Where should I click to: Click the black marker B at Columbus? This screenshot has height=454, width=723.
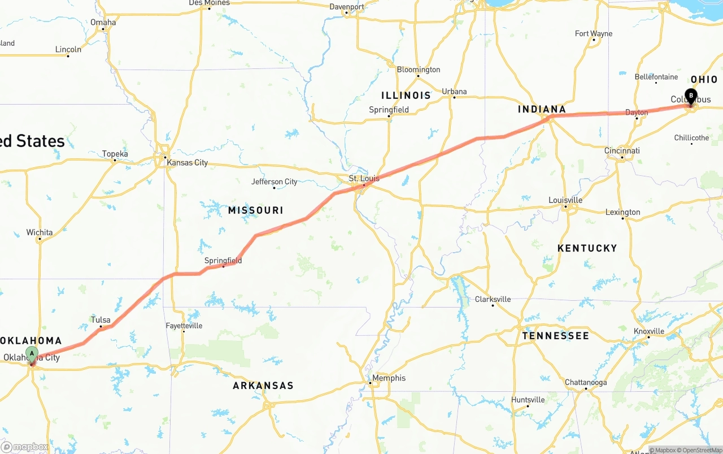691,96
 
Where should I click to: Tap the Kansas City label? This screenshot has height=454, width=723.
187,163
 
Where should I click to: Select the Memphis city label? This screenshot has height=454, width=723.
389,378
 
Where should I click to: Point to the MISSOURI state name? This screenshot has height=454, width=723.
255,210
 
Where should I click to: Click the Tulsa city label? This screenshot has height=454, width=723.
101,320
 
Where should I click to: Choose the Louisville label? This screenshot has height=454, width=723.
565,200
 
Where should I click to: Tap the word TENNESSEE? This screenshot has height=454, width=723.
555,336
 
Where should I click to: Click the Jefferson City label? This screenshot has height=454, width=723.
274,181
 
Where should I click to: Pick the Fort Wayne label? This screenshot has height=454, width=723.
593,34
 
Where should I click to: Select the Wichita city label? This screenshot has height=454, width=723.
40,232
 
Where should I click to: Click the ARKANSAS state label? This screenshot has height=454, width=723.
263,386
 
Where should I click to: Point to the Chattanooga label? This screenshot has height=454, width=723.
586,383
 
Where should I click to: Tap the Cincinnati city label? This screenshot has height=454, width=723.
622,151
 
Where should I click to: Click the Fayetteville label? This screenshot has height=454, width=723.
184,326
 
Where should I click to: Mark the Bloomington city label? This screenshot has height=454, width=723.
418,70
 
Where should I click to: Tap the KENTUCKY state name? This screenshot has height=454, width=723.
587,248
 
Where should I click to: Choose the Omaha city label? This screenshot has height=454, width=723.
103,23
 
